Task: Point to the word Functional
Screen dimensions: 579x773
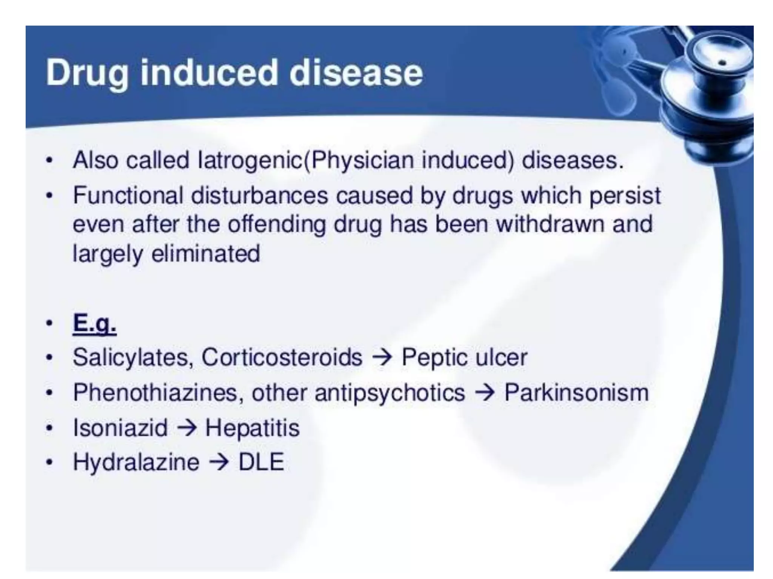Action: [x=128, y=196]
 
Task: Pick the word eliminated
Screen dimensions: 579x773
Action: [x=206, y=253]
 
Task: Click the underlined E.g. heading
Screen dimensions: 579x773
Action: [x=94, y=323]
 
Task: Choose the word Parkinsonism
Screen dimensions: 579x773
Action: [x=576, y=392]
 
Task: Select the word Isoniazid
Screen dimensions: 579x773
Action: [x=120, y=428]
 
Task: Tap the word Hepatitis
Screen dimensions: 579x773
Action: [x=252, y=428]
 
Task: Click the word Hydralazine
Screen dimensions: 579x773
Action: [x=136, y=462]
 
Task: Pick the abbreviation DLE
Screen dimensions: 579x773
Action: [x=261, y=462]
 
